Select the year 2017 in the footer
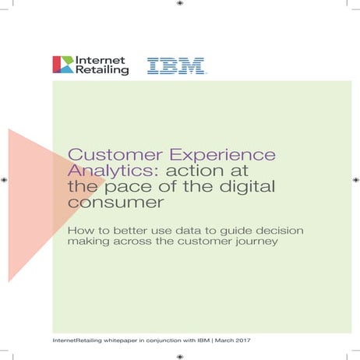[x=246, y=342]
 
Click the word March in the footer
[x=222, y=342]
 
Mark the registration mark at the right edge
[x=355, y=180]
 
